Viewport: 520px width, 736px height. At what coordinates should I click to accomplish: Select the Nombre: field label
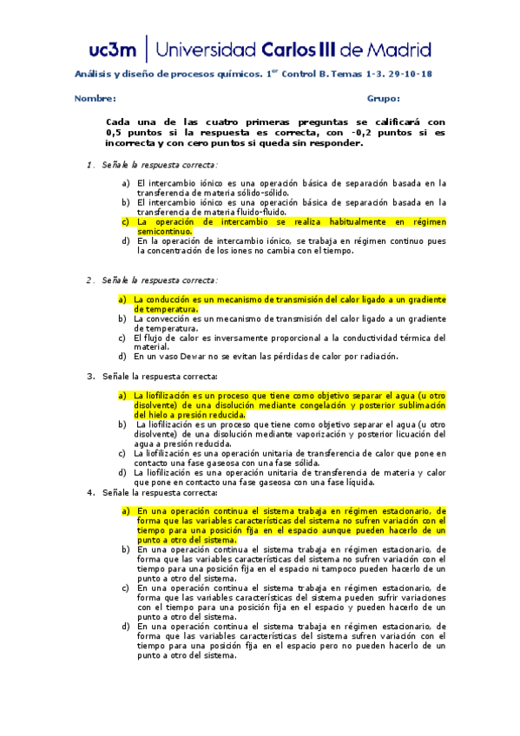click(x=95, y=99)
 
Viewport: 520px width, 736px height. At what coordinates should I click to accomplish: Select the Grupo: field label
click(x=383, y=99)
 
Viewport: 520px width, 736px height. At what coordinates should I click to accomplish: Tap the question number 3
click(x=89, y=376)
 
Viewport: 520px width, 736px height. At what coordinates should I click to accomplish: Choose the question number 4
click(x=89, y=493)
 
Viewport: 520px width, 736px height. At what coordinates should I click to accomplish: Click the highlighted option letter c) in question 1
click(x=126, y=222)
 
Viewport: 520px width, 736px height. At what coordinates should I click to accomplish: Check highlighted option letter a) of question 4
click(x=126, y=511)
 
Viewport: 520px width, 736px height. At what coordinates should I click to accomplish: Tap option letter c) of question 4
click(x=126, y=588)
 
